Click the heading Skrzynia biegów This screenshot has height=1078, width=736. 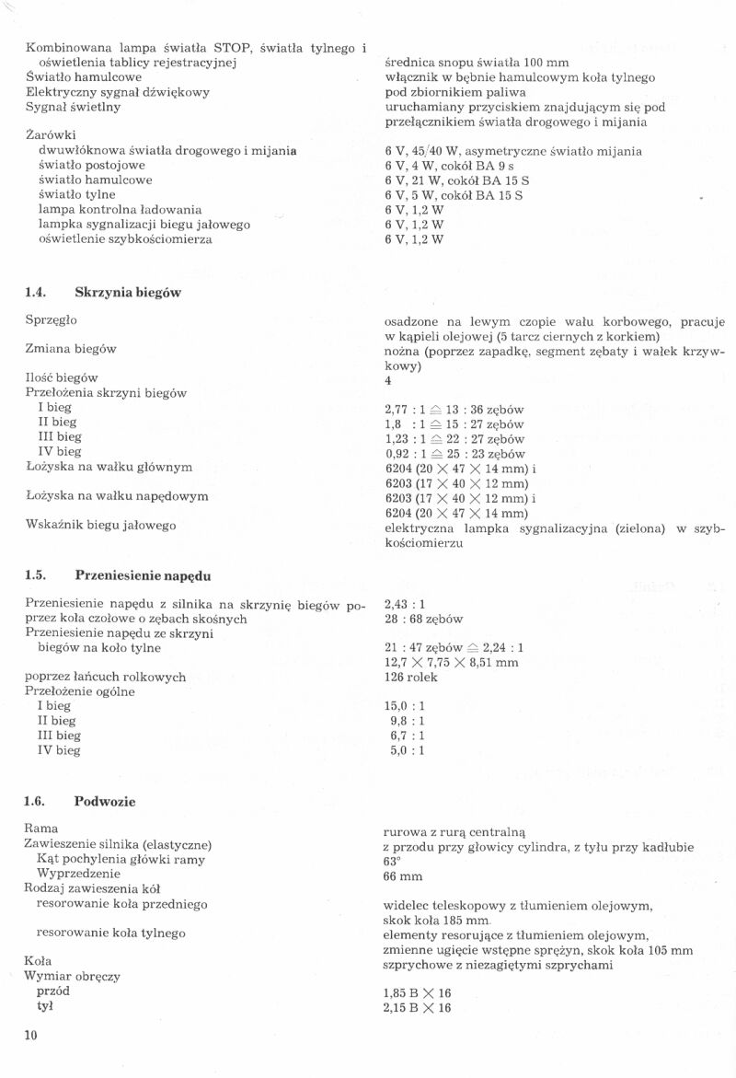[x=127, y=292]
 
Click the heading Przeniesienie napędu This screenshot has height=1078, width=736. [x=143, y=575]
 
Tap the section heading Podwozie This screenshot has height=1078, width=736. [x=105, y=801]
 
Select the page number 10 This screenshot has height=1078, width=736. [x=31, y=1036]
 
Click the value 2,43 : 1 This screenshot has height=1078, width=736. [x=405, y=605]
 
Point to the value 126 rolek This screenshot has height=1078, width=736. [x=410, y=678]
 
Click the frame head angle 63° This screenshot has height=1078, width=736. [x=392, y=861]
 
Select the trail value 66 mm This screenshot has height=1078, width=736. [x=403, y=875]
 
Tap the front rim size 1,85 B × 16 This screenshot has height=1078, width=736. [x=418, y=993]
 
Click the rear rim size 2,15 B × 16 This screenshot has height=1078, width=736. [x=418, y=1008]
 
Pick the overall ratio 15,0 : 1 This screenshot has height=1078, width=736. [x=405, y=706]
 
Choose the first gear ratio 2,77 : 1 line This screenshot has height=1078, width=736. [x=454, y=409]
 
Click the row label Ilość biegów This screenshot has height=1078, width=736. [x=62, y=377]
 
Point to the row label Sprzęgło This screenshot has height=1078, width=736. [x=52, y=319]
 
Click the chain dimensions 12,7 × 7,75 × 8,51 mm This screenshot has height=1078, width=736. [x=451, y=662]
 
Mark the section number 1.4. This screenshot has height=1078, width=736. [x=36, y=292]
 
